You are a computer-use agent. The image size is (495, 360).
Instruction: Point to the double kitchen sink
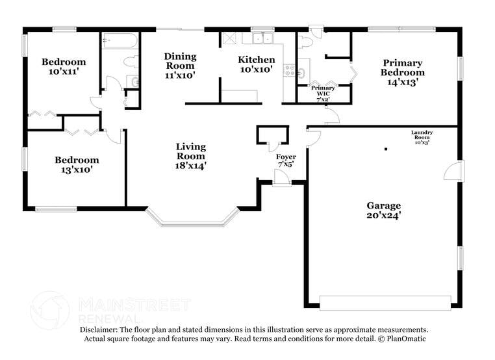[x=262, y=37]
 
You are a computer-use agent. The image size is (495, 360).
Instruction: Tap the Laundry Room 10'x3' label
[x=422, y=137]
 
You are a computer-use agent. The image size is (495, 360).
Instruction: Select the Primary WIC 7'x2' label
[x=323, y=92]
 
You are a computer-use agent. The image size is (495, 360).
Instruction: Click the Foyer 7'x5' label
[x=286, y=161]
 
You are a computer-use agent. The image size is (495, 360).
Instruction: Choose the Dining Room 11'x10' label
[x=180, y=66]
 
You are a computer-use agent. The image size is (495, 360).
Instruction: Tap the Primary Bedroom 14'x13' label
[x=402, y=72]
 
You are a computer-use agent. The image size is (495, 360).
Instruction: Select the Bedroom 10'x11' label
[x=64, y=66]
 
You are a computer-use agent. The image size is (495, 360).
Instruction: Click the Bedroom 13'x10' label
[x=77, y=165]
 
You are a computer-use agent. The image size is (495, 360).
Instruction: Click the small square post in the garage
[x=385, y=149]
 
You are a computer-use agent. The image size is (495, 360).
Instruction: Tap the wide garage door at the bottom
[x=385, y=302]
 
